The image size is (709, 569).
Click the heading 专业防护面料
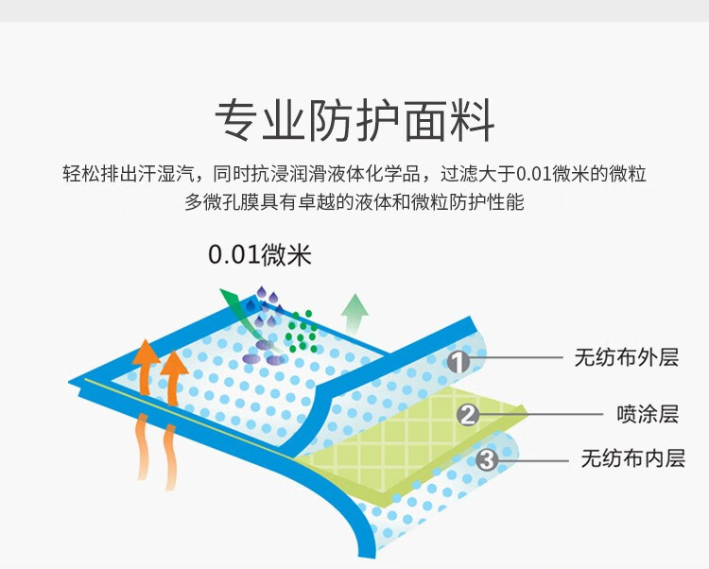[354, 121]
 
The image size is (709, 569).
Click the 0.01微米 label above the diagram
[259, 255]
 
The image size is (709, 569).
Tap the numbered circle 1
[458, 361]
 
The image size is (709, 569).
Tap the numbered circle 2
[468, 414]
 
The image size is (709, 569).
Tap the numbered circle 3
[486, 460]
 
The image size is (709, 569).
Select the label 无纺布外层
[626, 358]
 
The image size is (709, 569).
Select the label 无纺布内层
[631, 460]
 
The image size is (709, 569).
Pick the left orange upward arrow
[145, 369]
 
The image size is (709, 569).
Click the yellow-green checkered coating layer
[397, 444]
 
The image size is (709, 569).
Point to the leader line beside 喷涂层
[539, 414]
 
